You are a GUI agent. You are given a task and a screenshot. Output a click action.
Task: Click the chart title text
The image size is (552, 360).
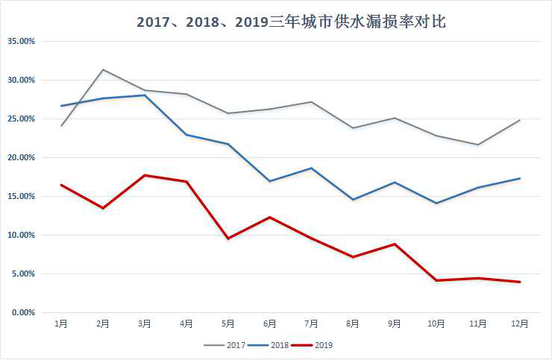tap(291, 22)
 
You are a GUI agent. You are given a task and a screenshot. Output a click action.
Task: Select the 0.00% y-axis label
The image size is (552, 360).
tap(22, 312)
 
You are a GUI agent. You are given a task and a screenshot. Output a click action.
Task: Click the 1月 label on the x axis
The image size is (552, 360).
tap(61, 323)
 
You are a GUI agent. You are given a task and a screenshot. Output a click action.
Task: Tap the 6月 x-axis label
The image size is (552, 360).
tap(269, 323)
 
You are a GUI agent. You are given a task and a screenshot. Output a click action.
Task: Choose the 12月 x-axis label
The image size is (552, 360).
tap(519, 323)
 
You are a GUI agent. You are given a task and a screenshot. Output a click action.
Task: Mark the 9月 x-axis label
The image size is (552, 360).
tap(395, 323)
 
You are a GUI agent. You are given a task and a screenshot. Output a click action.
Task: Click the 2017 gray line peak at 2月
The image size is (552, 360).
tap(103, 69)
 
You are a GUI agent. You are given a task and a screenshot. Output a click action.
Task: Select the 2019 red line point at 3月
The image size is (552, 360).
tap(145, 175)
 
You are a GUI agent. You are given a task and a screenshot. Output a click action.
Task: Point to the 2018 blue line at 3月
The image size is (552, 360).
tap(145, 95)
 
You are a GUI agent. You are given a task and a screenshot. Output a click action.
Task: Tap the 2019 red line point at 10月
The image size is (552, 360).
tap(436, 280)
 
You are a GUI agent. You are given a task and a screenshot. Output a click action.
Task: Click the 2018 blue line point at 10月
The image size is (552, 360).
tap(436, 203)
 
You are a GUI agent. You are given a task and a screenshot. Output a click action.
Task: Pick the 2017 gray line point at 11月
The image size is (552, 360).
tap(478, 145)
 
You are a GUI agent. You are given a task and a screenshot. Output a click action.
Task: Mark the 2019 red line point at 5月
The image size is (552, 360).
tap(228, 239)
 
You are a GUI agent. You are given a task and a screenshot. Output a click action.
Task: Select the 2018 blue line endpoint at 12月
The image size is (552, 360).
tap(520, 178)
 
